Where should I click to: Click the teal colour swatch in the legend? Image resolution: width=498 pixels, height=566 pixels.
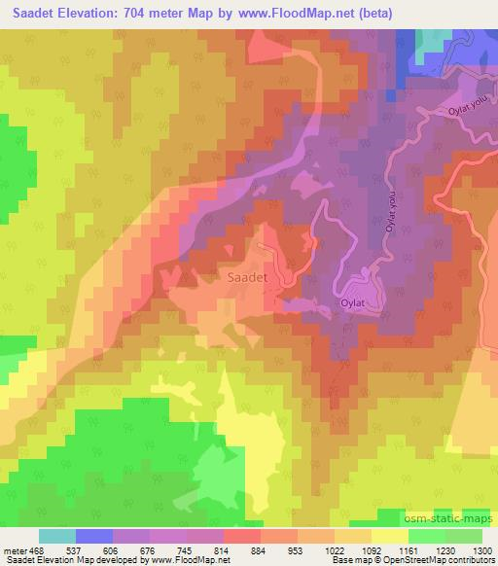pos(56,535)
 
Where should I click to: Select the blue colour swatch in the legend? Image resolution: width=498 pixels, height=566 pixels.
pos(93,535)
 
